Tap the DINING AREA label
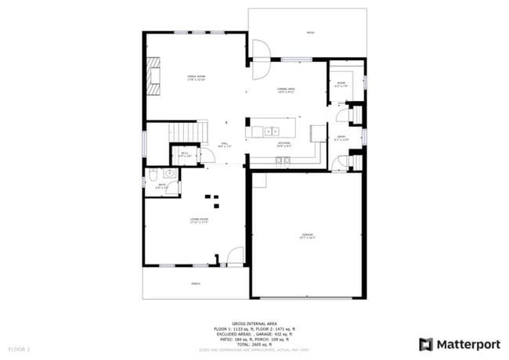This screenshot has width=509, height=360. [x=286, y=90]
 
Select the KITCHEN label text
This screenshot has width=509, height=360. [x=283, y=144]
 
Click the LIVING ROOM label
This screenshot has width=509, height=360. [x=198, y=221]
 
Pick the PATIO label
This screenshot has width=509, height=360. [x=310, y=33]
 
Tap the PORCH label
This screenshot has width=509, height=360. [x=195, y=284]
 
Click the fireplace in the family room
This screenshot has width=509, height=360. [x=155, y=76]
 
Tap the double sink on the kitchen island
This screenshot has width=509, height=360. [x=272, y=131]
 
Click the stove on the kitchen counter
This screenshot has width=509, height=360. [x=282, y=160]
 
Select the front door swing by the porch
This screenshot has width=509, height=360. [x=235, y=257]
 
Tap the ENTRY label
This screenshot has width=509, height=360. [x=341, y=138]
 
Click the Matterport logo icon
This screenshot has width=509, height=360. [x=426, y=344]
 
